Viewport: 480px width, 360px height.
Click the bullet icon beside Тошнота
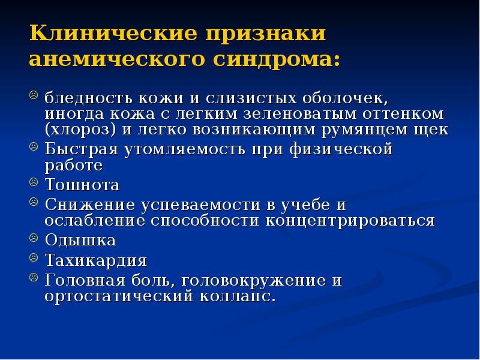pos(34,182)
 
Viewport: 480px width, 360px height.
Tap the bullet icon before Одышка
pos(34,238)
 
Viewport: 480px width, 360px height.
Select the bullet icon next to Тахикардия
pos(34,259)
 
